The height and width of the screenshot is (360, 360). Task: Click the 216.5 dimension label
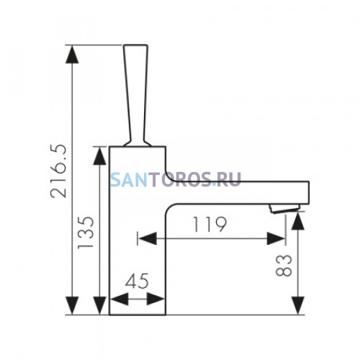58,171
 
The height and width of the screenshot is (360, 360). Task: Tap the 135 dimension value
86,233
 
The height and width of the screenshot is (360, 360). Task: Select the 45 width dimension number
137,281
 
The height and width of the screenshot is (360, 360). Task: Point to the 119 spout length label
210,225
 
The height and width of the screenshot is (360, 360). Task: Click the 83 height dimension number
284,266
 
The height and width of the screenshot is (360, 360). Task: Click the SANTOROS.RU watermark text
176,179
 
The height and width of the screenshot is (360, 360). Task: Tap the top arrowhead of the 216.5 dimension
72,54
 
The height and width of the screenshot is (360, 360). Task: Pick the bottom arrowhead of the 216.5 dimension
72,305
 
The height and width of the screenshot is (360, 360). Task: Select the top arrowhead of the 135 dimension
100,156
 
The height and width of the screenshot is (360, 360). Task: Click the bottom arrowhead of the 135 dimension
100,305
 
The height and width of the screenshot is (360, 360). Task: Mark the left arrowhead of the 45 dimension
120,299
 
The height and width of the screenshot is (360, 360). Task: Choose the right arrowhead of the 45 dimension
156,299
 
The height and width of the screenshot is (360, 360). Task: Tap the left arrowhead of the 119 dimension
148,238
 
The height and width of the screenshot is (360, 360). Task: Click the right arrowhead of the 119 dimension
276,238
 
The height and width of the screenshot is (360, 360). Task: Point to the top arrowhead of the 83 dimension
298,221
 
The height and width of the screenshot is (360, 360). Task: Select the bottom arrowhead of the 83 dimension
298,305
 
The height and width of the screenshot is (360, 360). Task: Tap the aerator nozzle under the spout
284,208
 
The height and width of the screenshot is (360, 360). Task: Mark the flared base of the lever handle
138,143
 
